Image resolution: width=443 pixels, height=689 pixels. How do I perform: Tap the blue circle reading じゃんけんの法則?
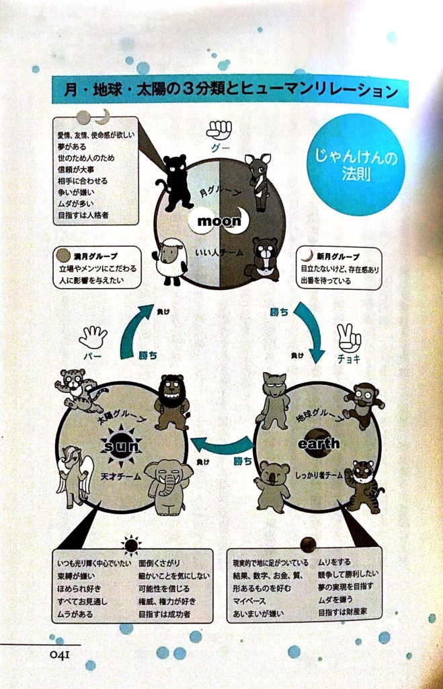click(x=355, y=165)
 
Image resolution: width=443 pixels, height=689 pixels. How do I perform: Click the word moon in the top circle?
click(x=218, y=221)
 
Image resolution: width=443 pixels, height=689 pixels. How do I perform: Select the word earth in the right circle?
click(x=318, y=443)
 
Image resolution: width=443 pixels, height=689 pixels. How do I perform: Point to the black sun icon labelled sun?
click(x=121, y=445)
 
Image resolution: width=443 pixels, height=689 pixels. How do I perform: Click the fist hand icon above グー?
click(x=218, y=129)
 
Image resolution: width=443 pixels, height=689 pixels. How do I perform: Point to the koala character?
click(x=272, y=484)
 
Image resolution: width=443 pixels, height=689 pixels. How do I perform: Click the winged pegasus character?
click(x=74, y=475)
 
